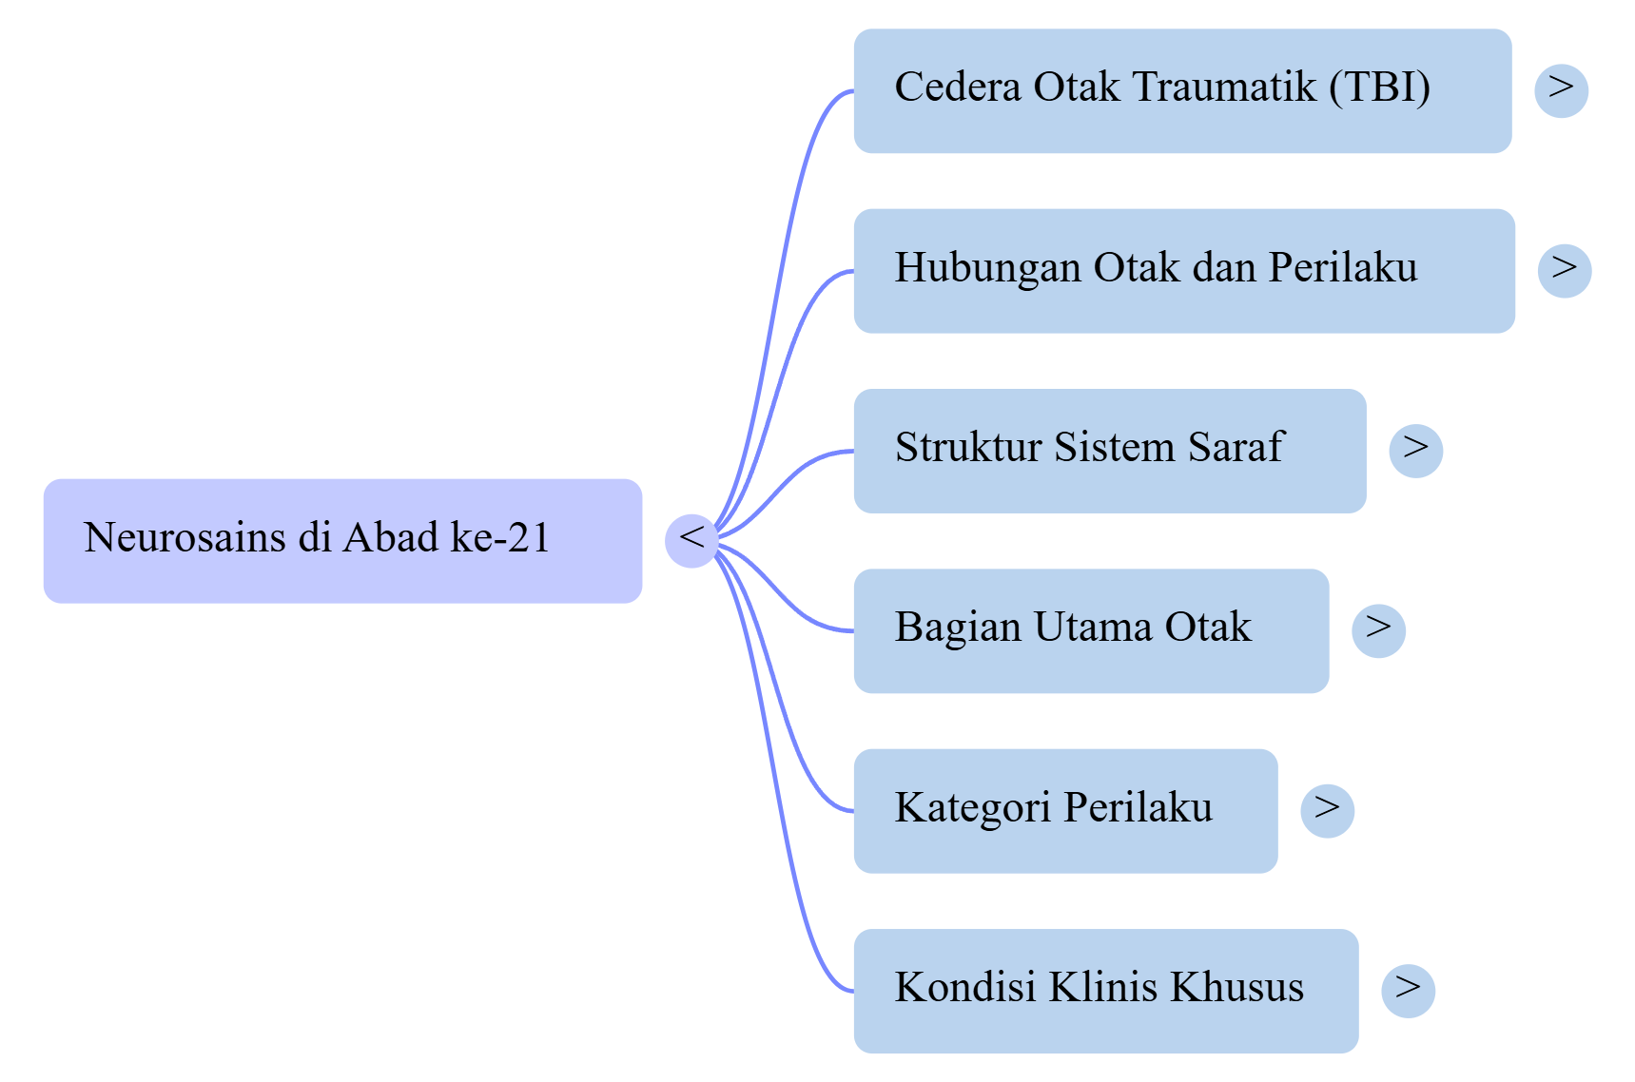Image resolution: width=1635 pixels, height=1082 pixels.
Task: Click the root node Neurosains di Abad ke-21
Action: (x=342, y=540)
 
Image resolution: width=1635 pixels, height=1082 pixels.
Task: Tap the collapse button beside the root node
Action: (x=691, y=540)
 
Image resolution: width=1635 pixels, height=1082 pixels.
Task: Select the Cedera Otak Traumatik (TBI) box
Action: (x=1181, y=91)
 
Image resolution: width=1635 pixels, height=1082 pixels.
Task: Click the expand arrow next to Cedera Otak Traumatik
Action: (x=1561, y=91)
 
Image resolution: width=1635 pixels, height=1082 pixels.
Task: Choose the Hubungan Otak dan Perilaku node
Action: (x=1183, y=271)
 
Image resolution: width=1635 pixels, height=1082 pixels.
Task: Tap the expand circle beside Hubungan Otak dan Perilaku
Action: (x=1564, y=271)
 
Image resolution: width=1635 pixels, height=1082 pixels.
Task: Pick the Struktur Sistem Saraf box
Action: (x=1109, y=451)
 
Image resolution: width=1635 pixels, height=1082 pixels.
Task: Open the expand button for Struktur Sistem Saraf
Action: (x=1415, y=451)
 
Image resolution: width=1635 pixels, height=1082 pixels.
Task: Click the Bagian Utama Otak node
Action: (x=1090, y=630)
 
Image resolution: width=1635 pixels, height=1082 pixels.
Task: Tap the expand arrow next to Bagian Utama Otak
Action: (x=1378, y=630)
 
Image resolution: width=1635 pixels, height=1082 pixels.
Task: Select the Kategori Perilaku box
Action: (x=1064, y=810)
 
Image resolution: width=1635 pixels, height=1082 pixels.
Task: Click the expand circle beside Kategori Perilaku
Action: (x=1327, y=810)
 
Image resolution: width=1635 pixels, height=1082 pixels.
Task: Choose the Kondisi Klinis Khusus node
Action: (x=1105, y=991)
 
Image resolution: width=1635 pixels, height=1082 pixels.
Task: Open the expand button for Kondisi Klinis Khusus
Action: (x=1408, y=991)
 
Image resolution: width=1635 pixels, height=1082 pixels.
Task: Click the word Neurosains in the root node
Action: (x=185, y=538)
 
